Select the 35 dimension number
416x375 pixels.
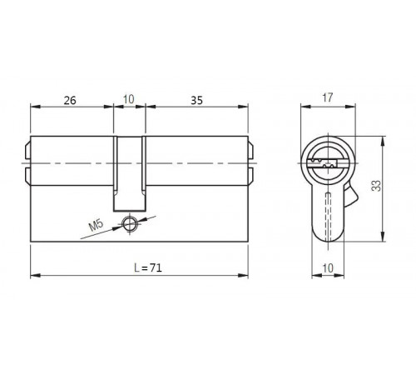196,100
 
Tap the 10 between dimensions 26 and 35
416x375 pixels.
128,100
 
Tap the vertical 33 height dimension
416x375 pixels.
375,188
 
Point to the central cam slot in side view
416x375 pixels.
128,171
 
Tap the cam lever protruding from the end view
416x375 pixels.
350,197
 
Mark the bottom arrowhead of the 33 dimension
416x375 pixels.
381,240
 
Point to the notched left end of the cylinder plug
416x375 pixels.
27,162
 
